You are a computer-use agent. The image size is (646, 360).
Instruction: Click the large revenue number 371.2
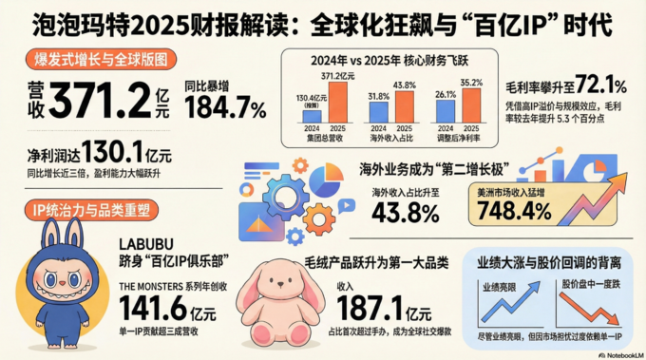tap(104, 98)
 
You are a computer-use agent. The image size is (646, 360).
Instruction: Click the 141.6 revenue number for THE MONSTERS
tap(152, 308)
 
